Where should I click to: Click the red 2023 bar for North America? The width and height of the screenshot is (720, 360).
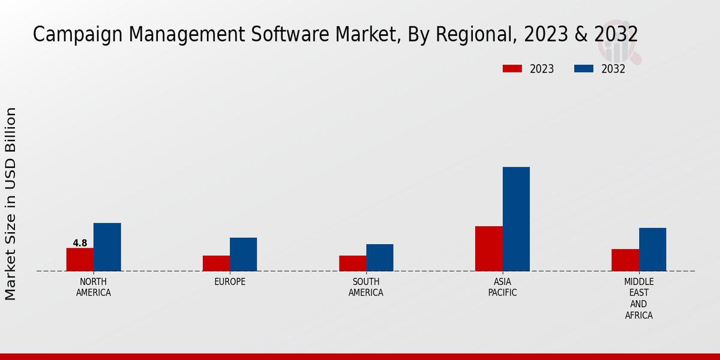click(80, 259)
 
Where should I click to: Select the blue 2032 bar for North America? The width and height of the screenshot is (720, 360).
click(107, 247)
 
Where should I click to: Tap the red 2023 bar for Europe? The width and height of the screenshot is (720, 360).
click(216, 263)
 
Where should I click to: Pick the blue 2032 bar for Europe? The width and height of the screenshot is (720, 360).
click(243, 254)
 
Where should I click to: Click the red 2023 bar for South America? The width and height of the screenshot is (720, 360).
click(352, 263)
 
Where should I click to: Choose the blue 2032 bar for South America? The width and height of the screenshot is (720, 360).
click(380, 257)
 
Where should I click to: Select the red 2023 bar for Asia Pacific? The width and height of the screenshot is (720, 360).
click(488, 248)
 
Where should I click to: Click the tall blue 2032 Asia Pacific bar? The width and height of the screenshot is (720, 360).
click(516, 219)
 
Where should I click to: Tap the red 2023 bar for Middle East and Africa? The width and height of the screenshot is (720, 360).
click(625, 260)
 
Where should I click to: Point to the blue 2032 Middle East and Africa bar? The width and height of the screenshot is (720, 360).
click(652, 250)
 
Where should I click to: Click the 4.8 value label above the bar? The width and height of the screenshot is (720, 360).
click(80, 243)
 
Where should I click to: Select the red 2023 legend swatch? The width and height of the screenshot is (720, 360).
click(512, 69)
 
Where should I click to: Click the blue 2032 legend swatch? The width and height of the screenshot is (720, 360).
click(583, 69)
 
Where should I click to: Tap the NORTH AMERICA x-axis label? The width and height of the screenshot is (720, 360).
click(93, 287)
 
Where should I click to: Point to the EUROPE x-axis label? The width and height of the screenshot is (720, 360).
click(230, 282)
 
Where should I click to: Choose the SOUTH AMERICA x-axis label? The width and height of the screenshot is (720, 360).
click(366, 287)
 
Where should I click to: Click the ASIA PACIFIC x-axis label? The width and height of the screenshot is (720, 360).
click(502, 287)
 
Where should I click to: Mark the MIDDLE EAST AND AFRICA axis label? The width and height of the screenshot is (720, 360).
click(638, 298)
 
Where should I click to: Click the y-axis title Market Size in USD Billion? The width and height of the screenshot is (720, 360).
click(11, 204)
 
